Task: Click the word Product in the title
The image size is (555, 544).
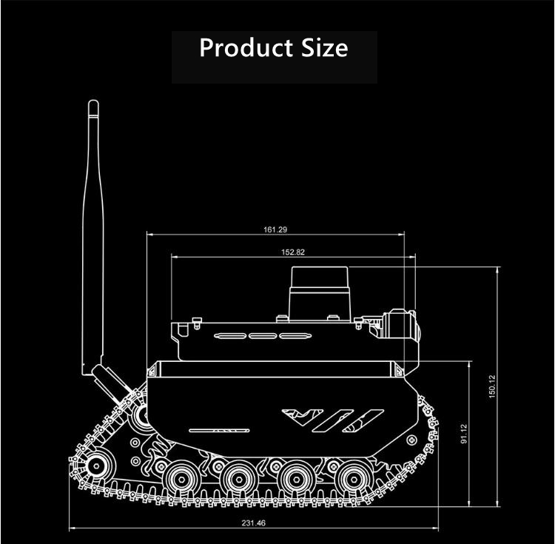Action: click(x=246, y=48)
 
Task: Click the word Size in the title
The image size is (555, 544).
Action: click(x=325, y=47)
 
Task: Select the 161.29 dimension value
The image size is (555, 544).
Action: click(x=275, y=229)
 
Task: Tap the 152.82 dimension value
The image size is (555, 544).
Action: click(x=293, y=252)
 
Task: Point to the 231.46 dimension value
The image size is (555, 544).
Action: click(x=253, y=523)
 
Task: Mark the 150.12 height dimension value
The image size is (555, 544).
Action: click(x=492, y=386)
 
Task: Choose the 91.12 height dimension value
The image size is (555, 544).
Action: click(x=464, y=434)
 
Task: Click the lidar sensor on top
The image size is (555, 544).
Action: click(x=320, y=294)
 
